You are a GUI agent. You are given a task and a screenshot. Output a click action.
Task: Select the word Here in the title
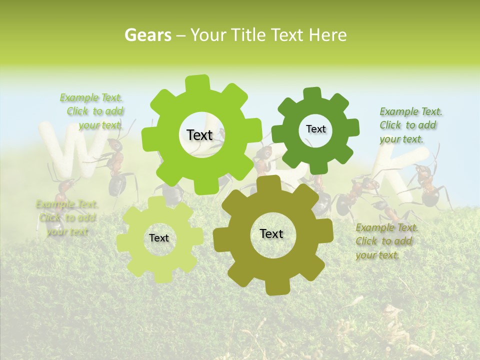(x=327, y=35)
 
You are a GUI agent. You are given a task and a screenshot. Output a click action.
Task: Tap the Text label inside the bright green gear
(x=199, y=135)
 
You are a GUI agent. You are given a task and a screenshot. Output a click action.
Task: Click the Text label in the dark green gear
(x=315, y=129)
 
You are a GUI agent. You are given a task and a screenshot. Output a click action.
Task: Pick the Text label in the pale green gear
(x=159, y=238)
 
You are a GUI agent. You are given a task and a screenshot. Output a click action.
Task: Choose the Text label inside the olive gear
(x=271, y=233)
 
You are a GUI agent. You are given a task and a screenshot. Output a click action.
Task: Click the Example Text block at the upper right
(x=410, y=125)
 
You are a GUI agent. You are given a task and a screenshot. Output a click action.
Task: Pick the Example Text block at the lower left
(x=66, y=217)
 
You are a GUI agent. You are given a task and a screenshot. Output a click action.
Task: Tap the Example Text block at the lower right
(x=386, y=241)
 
